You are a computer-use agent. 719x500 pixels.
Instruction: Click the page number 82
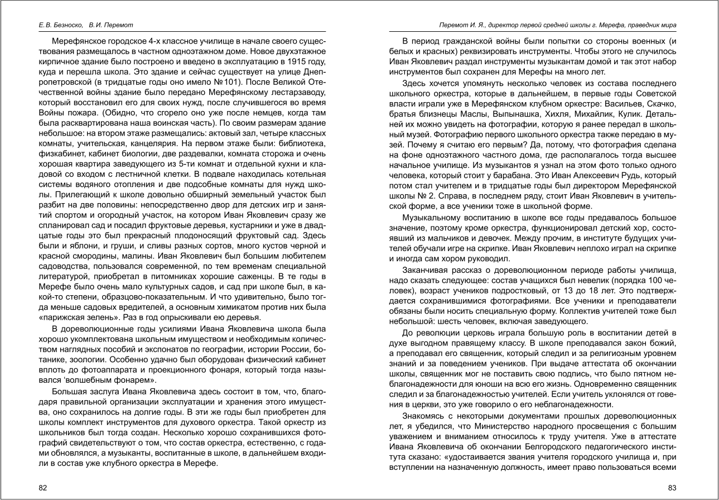click(42, 488)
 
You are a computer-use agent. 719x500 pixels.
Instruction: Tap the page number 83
click(672, 488)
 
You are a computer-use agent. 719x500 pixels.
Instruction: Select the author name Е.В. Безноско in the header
click(54, 25)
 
